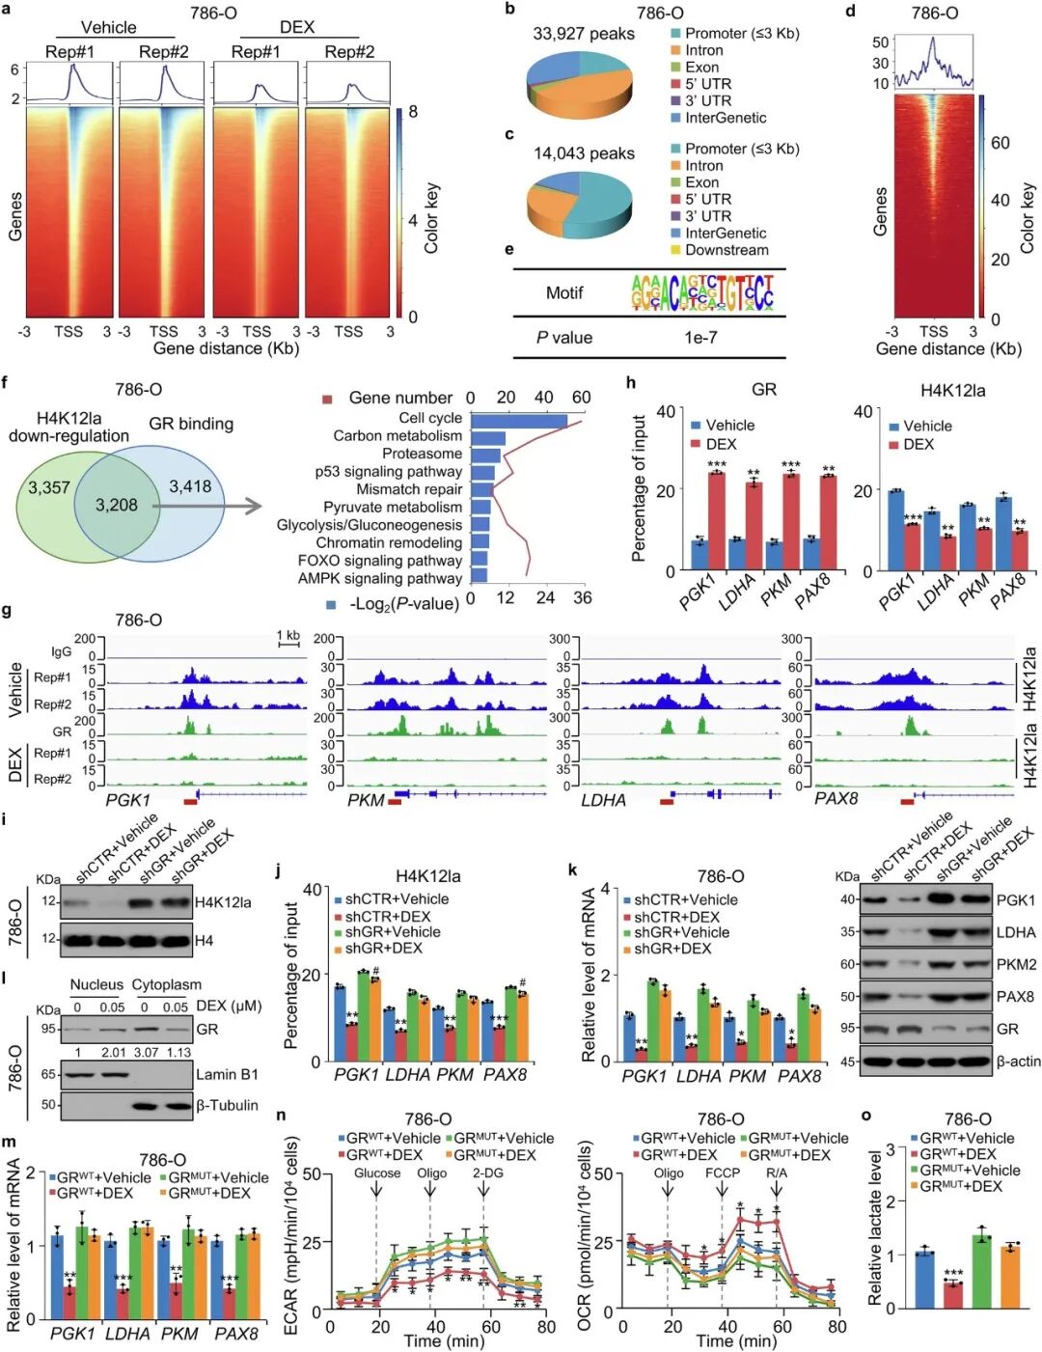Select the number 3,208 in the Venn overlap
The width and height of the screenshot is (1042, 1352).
(116, 505)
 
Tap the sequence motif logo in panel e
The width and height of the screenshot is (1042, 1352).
(702, 292)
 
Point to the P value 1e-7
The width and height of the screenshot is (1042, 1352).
(701, 338)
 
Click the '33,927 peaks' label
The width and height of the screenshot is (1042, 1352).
(584, 34)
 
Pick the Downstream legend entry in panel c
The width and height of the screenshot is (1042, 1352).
(726, 250)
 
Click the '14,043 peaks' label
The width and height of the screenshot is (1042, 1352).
(584, 153)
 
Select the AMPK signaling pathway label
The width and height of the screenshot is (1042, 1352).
(380, 578)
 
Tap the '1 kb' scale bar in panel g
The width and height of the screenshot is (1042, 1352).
(288, 638)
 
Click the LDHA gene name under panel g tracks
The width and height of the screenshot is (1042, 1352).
(603, 800)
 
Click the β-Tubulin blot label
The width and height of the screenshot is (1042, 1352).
(227, 1105)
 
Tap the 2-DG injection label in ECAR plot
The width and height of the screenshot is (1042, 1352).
(487, 1173)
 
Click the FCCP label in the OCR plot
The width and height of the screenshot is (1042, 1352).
(722, 1173)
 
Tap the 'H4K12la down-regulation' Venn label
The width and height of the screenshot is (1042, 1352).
(69, 427)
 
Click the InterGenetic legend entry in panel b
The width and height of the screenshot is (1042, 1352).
(725, 118)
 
